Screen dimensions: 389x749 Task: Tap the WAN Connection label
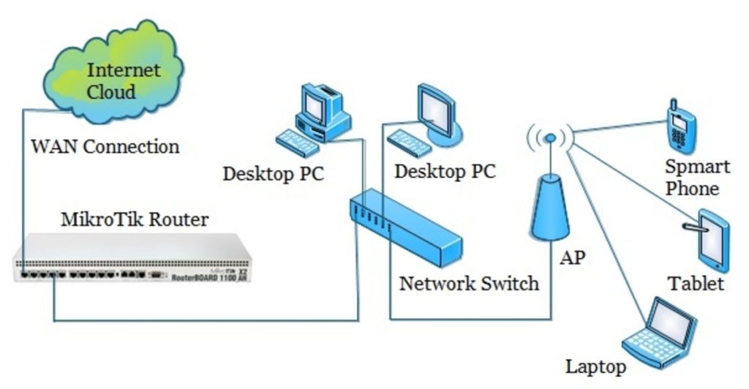pyautogui.click(x=105, y=146)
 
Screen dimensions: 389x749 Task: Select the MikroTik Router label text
pyautogui.click(x=135, y=219)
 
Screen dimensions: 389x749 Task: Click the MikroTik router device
pyautogui.click(x=132, y=259)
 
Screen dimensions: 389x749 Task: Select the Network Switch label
pyautogui.click(x=468, y=283)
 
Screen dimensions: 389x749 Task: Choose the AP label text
pyautogui.click(x=572, y=258)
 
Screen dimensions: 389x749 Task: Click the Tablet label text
pyautogui.click(x=695, y=284)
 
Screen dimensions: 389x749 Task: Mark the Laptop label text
pyautogui.click(x=595, y=366)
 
